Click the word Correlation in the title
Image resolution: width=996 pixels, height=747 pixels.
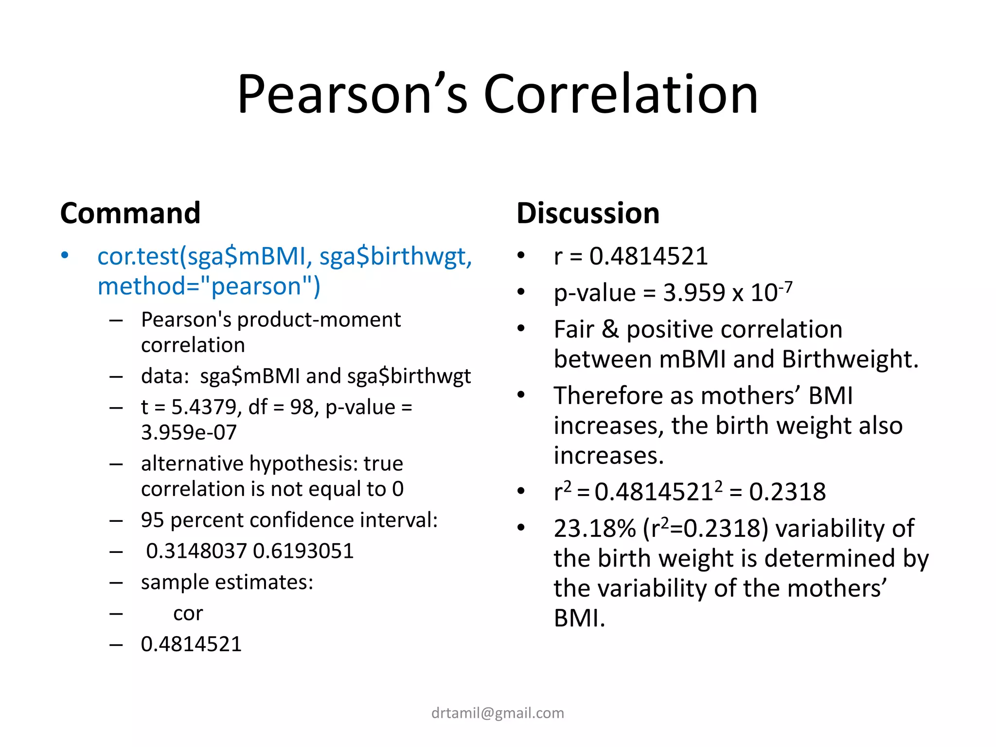[x=621, y=94]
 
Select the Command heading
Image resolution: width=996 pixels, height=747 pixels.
[x=130, y=213]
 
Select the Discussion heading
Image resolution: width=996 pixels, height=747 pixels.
[x=588, y=213]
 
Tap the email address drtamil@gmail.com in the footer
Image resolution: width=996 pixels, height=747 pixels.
[x=498, y=713]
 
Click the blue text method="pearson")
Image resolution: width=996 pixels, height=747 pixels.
[x=209, y=286]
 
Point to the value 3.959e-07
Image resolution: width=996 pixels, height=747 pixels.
[x=189, y=432]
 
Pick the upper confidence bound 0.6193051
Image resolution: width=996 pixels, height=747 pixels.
[x=303, y=551]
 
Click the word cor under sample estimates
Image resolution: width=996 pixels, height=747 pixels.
[x=188, y=614]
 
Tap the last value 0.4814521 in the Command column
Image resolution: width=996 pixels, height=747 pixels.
[x=191, y=644]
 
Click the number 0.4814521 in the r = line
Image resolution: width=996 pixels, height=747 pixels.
[x=648, y=256]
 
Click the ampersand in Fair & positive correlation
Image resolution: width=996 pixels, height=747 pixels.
[x=610, y=329]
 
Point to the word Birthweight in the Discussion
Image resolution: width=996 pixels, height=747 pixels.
[x=850, y=359]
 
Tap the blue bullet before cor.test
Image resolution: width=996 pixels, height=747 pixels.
[x=65, y=255]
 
